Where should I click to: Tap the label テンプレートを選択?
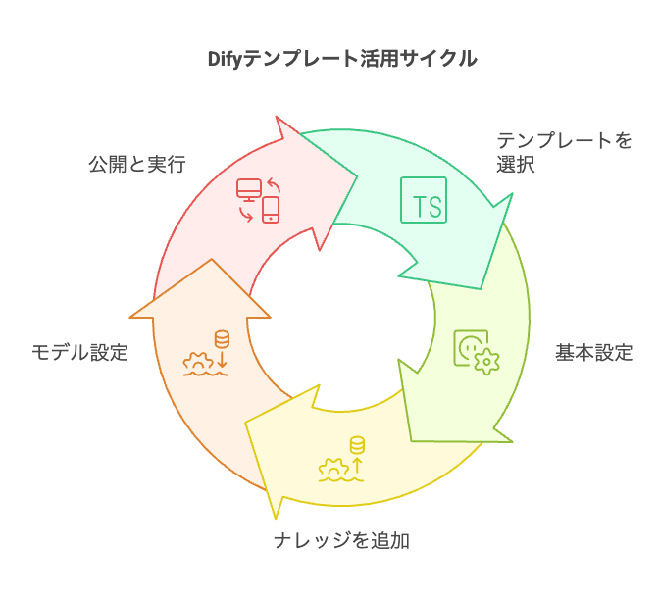564,152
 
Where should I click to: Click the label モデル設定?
79,353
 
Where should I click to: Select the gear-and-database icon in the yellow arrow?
342,460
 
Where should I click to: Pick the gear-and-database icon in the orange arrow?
207,355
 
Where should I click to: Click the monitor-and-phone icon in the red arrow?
258,200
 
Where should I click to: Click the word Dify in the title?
228,59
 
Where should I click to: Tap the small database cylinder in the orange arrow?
222,339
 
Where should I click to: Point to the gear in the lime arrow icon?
485,361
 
